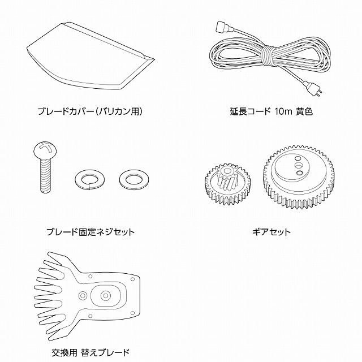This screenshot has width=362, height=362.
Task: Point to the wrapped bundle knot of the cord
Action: [269, 57]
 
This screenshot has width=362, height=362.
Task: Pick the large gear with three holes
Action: [299, 176]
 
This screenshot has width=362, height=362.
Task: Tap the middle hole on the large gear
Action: [299, 165]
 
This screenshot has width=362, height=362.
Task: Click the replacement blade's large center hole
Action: [105, 295]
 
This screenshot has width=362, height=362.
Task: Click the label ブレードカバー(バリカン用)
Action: [90, 111]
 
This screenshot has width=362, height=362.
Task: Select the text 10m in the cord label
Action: [283, 111]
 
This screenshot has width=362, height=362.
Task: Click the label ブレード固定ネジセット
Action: [90, 231]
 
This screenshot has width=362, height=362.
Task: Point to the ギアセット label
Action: [271, 231]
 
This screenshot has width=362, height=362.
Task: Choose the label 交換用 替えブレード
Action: [90, 352]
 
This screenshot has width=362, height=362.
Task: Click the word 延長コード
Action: [250, 111]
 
